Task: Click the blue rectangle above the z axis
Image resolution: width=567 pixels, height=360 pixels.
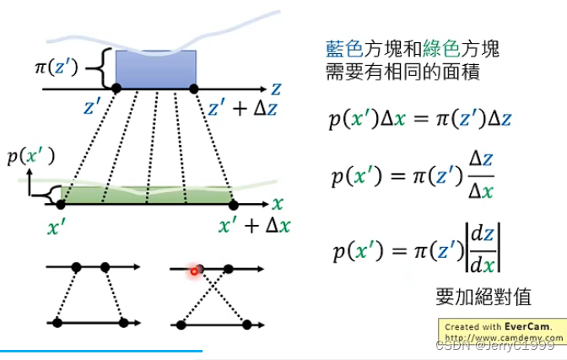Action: [155, 69]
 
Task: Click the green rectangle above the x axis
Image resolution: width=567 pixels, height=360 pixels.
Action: [148, 196]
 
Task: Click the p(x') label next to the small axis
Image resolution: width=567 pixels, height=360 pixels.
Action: [30, 156]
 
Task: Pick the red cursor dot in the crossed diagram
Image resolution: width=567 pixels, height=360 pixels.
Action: [195, 271]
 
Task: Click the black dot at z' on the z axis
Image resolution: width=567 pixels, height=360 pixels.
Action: [116, 89]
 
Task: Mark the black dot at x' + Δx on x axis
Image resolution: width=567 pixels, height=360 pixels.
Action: [234, 204]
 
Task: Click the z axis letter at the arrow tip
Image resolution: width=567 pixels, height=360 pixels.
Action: [276, 88]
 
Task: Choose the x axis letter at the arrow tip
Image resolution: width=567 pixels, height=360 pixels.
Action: [278, 204]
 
